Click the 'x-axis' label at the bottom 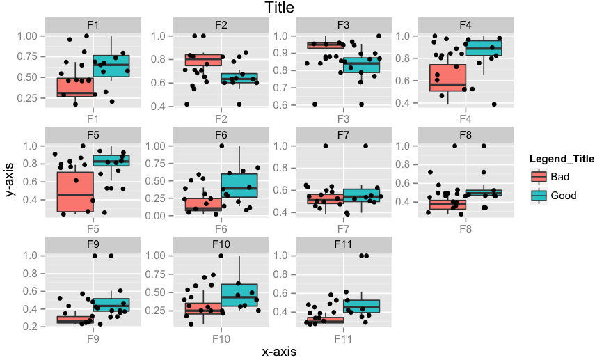click(279, 352)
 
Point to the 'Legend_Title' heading click(561, 159)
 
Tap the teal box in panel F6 click(239, 185)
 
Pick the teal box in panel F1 click(111, 66)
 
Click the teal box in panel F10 click(239, 295)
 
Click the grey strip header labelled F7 click(343, 134)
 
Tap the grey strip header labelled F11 click(343, 244)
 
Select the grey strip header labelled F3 click(343, 25)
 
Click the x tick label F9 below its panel click(93, 338)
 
